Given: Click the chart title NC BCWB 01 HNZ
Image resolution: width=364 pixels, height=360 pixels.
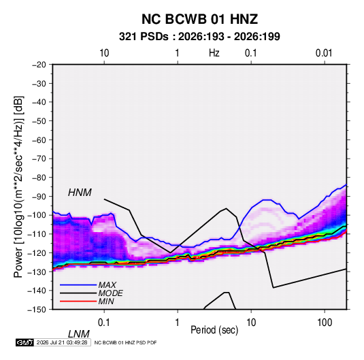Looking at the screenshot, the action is [199, 19].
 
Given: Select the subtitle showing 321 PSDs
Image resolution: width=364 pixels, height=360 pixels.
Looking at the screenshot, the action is [199, 37].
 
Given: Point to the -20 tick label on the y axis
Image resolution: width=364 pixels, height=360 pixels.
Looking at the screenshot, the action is [39, 65].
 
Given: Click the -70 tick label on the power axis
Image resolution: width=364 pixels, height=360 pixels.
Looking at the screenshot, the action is [39, 159].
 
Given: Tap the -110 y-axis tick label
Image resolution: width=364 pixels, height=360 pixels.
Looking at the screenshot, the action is [37, 234].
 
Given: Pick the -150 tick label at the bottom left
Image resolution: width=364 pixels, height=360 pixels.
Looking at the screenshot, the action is [37, 310].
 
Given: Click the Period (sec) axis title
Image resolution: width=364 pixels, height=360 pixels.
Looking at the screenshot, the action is [214, 330].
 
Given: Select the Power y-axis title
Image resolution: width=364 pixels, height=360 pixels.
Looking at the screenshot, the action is [18, 187].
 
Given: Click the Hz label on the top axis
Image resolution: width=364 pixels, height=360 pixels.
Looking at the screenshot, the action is [214, 53].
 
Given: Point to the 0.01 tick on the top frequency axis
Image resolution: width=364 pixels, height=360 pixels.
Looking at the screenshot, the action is [324, 53].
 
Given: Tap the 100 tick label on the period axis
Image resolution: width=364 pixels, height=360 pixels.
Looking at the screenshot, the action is [325, 323].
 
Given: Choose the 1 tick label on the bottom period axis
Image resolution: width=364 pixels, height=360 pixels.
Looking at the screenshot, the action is [178, 323].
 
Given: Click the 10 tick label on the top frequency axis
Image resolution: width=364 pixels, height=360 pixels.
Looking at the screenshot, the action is [104, 53].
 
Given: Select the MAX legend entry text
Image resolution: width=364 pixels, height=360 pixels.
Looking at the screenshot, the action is [107, 285].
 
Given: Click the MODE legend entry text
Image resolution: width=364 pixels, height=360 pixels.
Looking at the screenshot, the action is [110, 293].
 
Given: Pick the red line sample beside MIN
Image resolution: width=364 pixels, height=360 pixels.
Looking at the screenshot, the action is [78, 301].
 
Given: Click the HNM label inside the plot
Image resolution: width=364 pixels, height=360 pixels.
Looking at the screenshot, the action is [80, 193].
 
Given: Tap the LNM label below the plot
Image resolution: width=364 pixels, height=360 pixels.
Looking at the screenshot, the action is [78, 334].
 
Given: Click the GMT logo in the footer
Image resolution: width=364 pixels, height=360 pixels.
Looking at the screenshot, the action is [25, 342].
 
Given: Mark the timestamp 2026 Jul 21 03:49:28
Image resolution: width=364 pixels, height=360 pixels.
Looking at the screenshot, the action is [62, 342].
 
